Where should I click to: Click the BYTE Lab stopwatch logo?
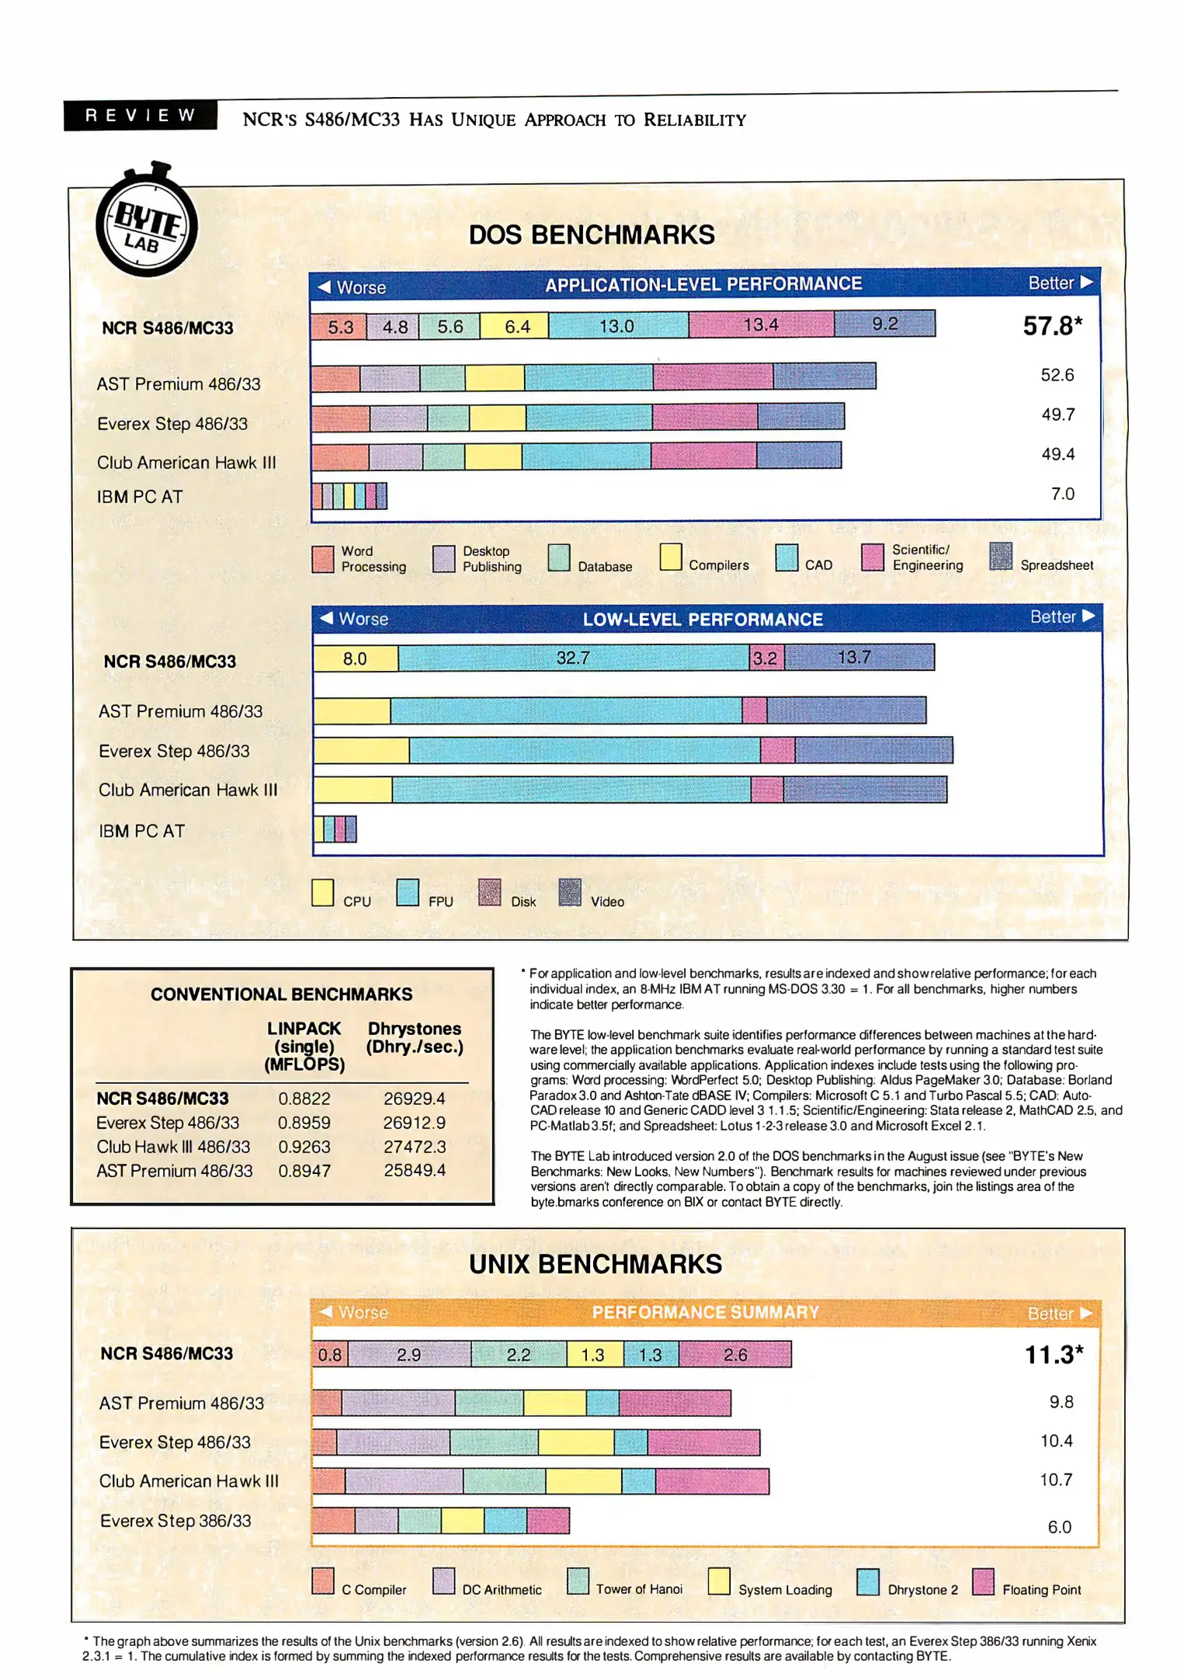[147, 224]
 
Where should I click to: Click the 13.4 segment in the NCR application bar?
[761, 325]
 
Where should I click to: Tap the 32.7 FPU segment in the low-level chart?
[573, 658]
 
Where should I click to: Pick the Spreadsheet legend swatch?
[1001, 556]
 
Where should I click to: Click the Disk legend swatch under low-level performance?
[489, 892]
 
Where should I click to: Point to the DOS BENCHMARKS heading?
[592, 234]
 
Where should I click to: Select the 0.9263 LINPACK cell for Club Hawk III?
[304, 1147]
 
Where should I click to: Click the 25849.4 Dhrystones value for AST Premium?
[415, 1170]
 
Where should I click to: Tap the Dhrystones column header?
[415, 1037]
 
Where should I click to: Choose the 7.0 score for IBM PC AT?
[1062, 494]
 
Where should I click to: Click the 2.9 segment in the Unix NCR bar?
[409, 1355]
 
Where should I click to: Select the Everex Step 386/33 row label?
[175, 1520]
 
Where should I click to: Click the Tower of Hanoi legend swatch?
[578, 1581]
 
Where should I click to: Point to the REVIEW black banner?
[141, 116]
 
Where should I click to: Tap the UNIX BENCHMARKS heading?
[595, 1264]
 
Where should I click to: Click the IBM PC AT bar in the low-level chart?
[335, 829]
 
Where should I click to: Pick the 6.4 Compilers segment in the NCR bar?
[516, 326]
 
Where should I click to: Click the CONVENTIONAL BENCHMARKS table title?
[282, 995]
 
